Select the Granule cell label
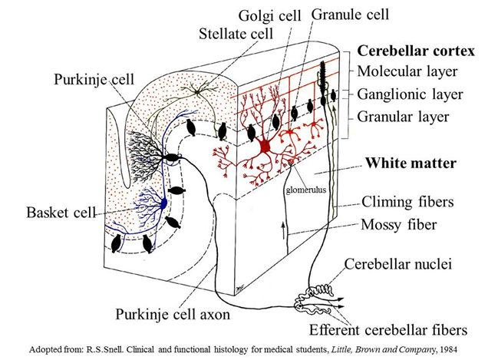click(350, 15)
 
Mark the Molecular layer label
click(408, 71)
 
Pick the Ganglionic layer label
click(411, 94)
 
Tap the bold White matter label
click(411, 163)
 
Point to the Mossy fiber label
click(399, 224)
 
